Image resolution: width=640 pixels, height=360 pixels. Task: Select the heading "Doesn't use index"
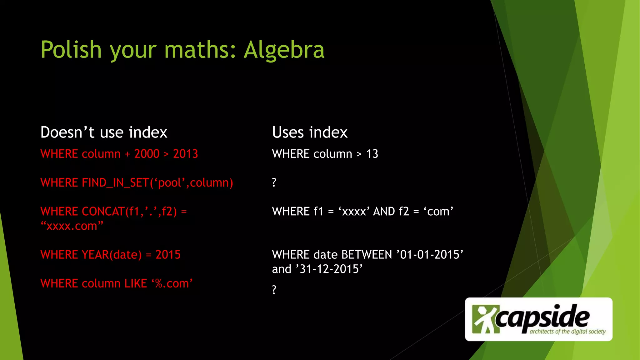pyautogui.click(x=104, y=132)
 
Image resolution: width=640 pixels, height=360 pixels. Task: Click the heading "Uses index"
pyautogui.click(x=310, y=132)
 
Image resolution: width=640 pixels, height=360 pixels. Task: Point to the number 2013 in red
pyautogui.click(x=185, y=154)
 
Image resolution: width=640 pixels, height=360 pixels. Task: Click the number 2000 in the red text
pyautogui.click(x=147, y=154)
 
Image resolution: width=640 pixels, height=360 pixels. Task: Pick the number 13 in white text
pyautogui.click(x=372, y=154)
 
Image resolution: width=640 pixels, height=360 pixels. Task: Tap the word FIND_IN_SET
pyautogui.click(x=116, y=183)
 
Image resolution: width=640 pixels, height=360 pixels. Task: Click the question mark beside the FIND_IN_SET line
pyautogui.click(x=274, y=182)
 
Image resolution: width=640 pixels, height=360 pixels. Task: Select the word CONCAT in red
pyautogui.click(x=103, y=212)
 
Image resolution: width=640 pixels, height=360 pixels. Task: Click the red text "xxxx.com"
pyautogui.click(x=72, y=226)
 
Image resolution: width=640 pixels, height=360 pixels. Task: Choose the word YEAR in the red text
pyautogui.click(x=95, y=255)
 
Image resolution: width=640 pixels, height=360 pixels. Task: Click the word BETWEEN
pyautogui.click(x=367, y=255)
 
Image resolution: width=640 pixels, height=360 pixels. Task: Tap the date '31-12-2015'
pyautogui.click(x=329, y=269)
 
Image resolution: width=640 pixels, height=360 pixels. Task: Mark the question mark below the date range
pyautogui.click(x=274, y=290)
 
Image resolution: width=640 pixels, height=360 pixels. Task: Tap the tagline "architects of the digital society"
pyautogui.click(x=567, y=332)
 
